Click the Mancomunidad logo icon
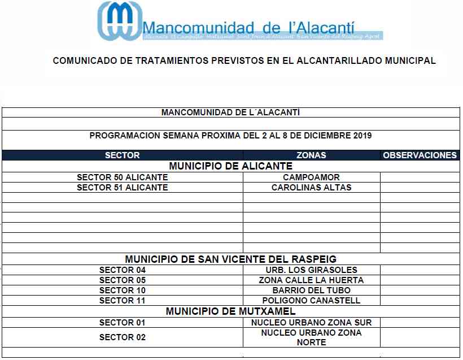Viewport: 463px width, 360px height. [x=119, y=21]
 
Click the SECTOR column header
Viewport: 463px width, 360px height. [x=122, y=155]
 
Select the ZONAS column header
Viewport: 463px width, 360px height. [x=311, y=155]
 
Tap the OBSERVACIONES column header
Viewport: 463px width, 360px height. [x=420, y=155]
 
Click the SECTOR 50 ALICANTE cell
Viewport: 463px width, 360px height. [x=122, y=177]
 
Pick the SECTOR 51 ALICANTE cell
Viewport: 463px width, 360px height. [x=122, y=188]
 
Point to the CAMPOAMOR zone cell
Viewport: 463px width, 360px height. [x=311, y=177]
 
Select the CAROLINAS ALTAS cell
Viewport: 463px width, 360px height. [x=311, y=188]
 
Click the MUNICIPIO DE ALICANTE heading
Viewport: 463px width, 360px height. [x=230, y=166]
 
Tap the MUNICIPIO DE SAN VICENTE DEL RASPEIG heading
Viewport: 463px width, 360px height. [x=230, y=259]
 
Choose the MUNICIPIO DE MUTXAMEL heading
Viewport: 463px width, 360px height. [x=230, y=311]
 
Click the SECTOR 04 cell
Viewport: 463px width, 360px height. [x=122, y=270]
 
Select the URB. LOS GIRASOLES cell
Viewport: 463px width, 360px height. [x=311, y=270]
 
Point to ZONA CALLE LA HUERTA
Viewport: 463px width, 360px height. [x=311, y=280]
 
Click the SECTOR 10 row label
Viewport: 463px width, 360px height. [x=122, y=290]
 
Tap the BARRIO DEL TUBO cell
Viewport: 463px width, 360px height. [x=311, y=290]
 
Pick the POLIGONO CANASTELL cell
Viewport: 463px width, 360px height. [x=311, y=301]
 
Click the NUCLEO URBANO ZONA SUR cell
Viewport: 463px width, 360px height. [x=311, y=323]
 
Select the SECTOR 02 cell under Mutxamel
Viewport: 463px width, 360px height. [x=122, y=337]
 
